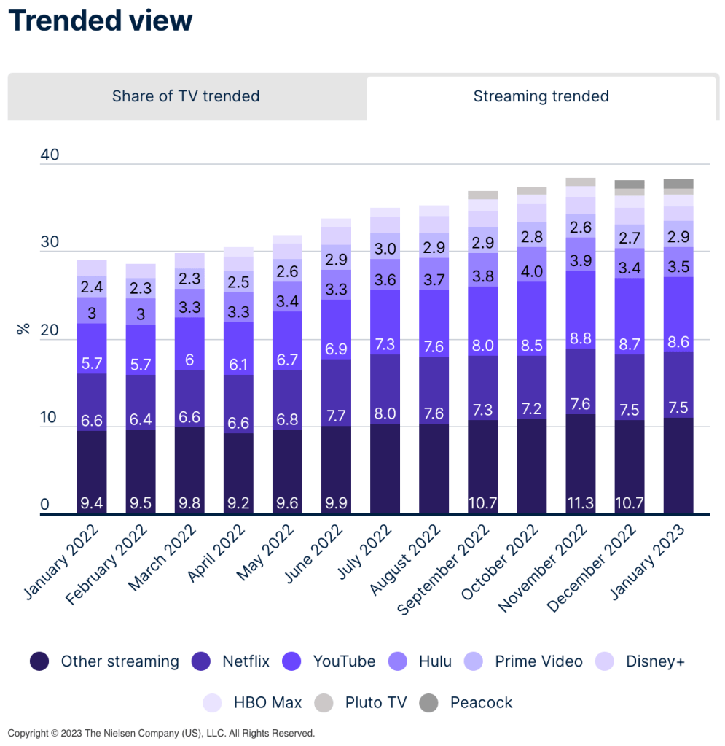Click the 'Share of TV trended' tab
[186, 96]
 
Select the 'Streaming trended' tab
[541, 96]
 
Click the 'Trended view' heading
[101, 21]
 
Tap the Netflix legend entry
[230, 661]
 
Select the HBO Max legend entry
[252, 703]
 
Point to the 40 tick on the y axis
[50, 155]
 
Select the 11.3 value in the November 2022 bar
[580, 503]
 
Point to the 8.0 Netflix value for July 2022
[385, 413]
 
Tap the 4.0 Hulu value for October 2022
[531, 271]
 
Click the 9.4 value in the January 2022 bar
[92, 503]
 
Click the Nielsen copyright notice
[161, 733]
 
